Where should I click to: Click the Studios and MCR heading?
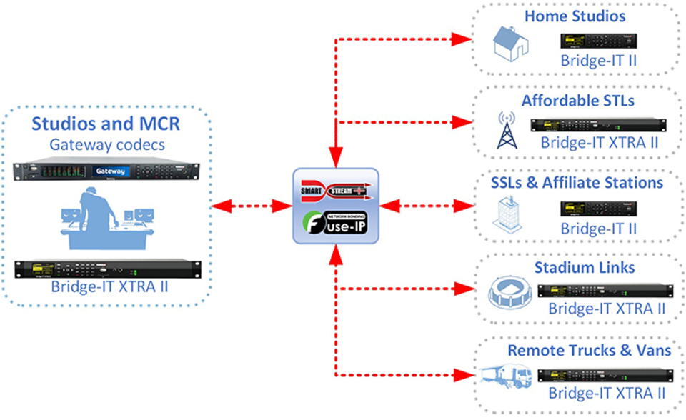(x=105, y=124)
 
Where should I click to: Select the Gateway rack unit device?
(x=108, y=171)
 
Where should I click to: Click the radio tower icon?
(x=507, y=129)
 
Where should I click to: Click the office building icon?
(x=508, y=215)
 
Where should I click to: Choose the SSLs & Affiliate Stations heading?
(x=577, y=183)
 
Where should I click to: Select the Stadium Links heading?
(x=585, y=268)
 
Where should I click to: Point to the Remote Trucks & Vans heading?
(x=590, y=351)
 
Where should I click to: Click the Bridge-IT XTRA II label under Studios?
(x=107, y=288)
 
